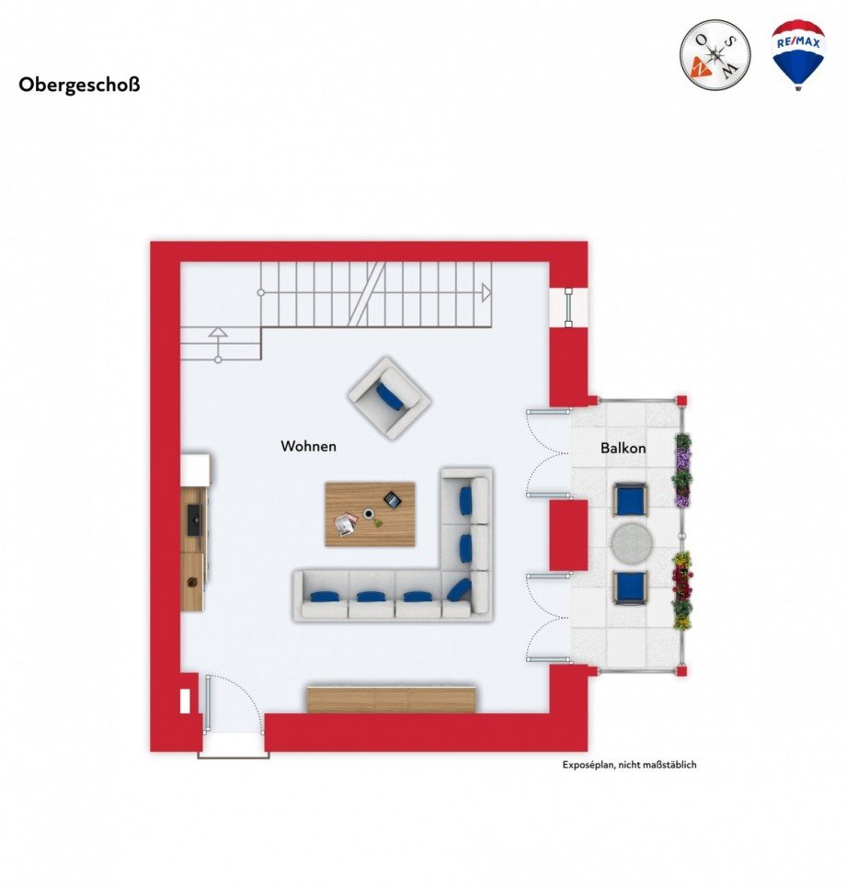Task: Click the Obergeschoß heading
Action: [x=79, y=85]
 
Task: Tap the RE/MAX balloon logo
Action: [x=797, y=53]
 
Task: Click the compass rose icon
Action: [x=715, y=53]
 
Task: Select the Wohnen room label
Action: [x=308, y=447]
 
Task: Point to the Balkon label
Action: [x=623, y=449]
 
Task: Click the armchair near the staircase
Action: [x=389, y=397]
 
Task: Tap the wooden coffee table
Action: [x=369, y=513]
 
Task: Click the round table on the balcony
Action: [x=632, y=542]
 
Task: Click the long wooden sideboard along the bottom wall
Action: [x=392, y=699]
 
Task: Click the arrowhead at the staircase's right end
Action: [x=486, y=293]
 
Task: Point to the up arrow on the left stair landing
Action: [x=218, y=333]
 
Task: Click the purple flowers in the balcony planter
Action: [x=682, y=469]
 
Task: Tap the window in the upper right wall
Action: [x=569, y=307]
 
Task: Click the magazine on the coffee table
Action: [x=346, y=524]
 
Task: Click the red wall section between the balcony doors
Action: [x=567, y=535]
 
